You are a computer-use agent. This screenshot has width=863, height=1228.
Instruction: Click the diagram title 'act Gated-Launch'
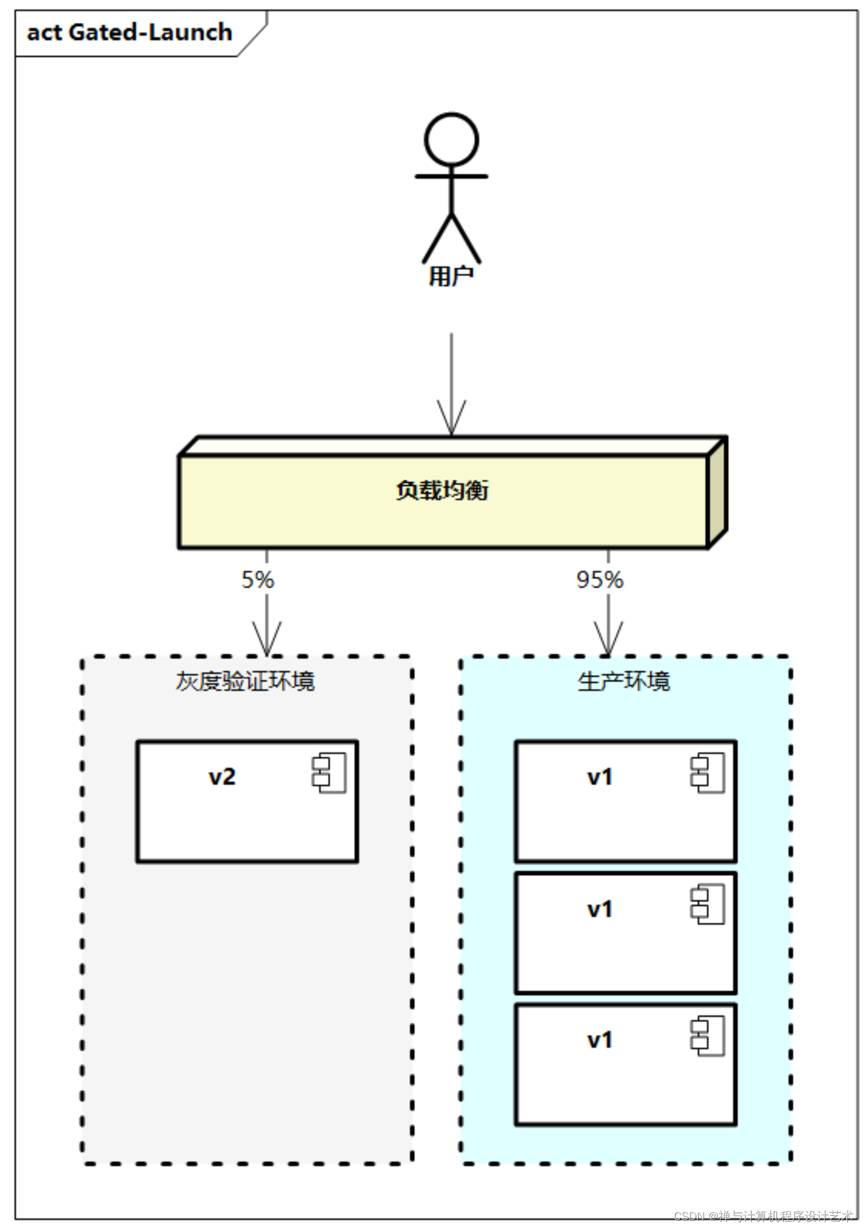[129, 32]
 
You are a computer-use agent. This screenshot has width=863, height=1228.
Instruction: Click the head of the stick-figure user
[451, 139]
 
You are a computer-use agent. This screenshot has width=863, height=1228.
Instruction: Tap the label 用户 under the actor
[451, 276]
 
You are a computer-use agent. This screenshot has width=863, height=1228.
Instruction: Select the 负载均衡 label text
[442, 490]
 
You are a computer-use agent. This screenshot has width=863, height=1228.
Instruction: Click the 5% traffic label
[257, 580]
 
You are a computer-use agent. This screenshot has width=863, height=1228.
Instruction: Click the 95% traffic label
[600, 580]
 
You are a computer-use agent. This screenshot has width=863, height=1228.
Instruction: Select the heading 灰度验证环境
[245, 681]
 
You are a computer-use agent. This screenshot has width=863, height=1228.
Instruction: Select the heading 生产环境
[624, 681]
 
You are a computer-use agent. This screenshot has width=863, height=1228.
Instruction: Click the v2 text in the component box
[222, 777]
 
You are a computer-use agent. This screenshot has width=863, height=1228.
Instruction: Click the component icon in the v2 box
[329, 773]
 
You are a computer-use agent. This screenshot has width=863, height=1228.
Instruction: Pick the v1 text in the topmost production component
[600, 777]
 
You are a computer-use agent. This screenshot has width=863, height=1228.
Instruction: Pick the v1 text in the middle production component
[600, 909]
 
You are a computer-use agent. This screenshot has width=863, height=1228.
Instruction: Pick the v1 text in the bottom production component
[600, 1040]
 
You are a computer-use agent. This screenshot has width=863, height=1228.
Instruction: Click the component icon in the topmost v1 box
[707, 773]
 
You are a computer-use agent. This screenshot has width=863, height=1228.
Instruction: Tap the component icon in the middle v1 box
[707, 904]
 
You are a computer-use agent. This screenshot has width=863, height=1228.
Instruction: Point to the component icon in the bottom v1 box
[707, 1036]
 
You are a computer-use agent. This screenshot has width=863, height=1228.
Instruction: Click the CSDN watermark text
[763, 1216]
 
